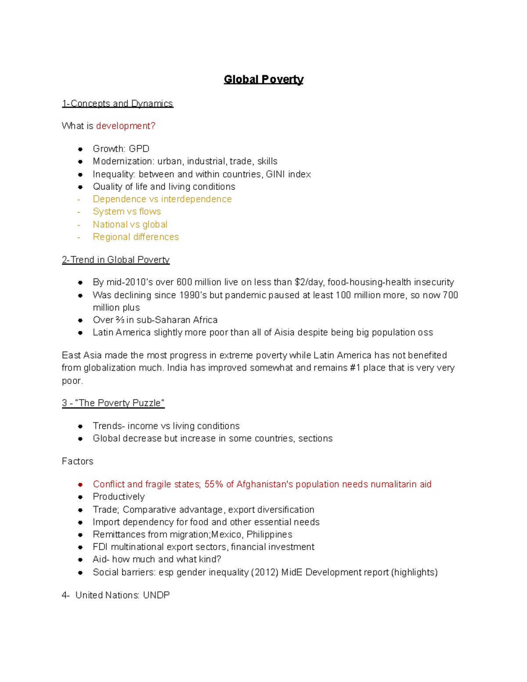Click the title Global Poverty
tap(263, 79)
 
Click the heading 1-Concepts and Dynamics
tap(117, 104)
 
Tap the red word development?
tap(126, 126)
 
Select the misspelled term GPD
tap(139, 149)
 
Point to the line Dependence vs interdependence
tap(162, 199)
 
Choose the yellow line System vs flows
tap(126, 212)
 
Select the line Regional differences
tap(136, 237)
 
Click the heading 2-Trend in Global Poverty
tap(116, 260)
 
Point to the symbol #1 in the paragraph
tap(355, 368)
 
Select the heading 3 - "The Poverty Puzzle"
tap(113, 403)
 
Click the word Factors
tap(77, 462)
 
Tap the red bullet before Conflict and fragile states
tap(80, 485)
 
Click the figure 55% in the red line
tap(214, 484)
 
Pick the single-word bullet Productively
tap(119, 497)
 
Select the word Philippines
tap(269, 535)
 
